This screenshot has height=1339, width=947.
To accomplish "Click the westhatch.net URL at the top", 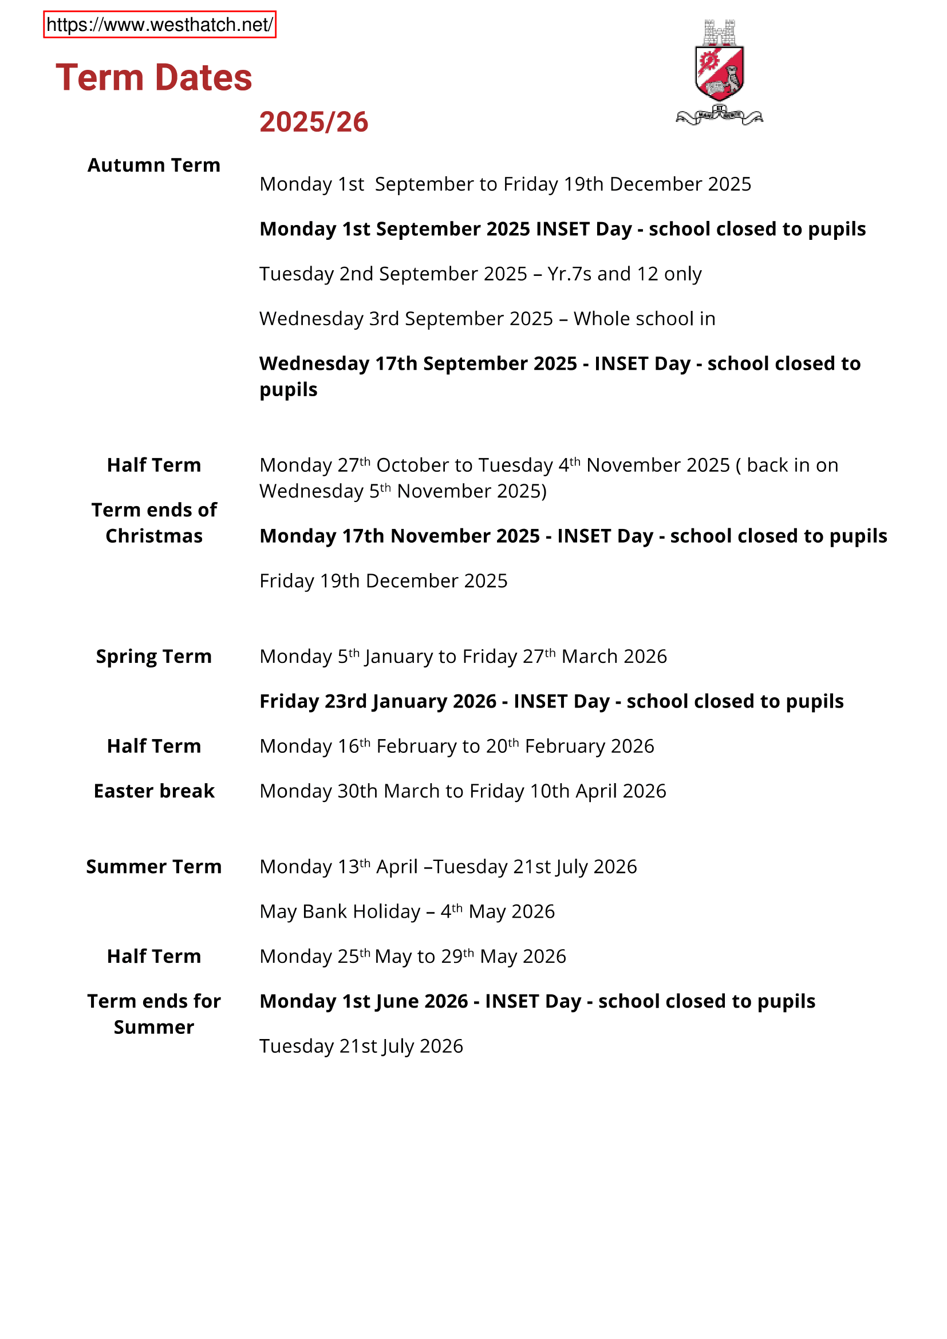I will click(x=159, y=25).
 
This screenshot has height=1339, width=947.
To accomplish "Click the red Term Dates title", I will click(x=154, y=77).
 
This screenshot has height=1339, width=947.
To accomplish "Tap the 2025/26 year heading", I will click(x=314, y=122).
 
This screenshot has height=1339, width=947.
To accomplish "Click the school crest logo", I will click(x=719, y=72).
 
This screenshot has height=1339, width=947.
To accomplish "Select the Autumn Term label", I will click(x=154, y=165).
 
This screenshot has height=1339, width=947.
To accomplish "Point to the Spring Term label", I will click(x=154, y=656).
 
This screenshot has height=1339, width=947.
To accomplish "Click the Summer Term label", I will click(x=154, y=867).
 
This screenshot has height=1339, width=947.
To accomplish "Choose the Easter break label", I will click(x=154, y=791).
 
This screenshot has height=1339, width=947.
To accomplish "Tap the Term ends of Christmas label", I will click(x=154, y=523).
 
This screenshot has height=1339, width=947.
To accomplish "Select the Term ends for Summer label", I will click(x=154, y=1014).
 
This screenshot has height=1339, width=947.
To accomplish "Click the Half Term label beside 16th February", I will click(x=154, y=746).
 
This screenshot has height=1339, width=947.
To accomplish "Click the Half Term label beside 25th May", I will click(x=154, y=957).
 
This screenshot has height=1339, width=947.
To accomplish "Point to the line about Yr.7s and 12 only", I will click(x=480, y=274).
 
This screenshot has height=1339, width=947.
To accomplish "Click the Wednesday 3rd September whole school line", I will click(x=487, y=318).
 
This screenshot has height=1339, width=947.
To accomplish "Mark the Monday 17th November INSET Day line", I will click(x=573, y=536).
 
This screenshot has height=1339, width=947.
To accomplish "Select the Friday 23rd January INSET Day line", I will click(x=551, y=701).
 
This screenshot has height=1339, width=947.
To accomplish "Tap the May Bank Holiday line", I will click(x=407, y=911).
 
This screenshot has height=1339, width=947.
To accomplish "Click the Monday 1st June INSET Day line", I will click(x=537, y=1001).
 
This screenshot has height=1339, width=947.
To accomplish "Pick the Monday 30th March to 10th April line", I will click(x=463, y=791).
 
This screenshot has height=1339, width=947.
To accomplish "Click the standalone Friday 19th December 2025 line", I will click(x=383, y=581).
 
